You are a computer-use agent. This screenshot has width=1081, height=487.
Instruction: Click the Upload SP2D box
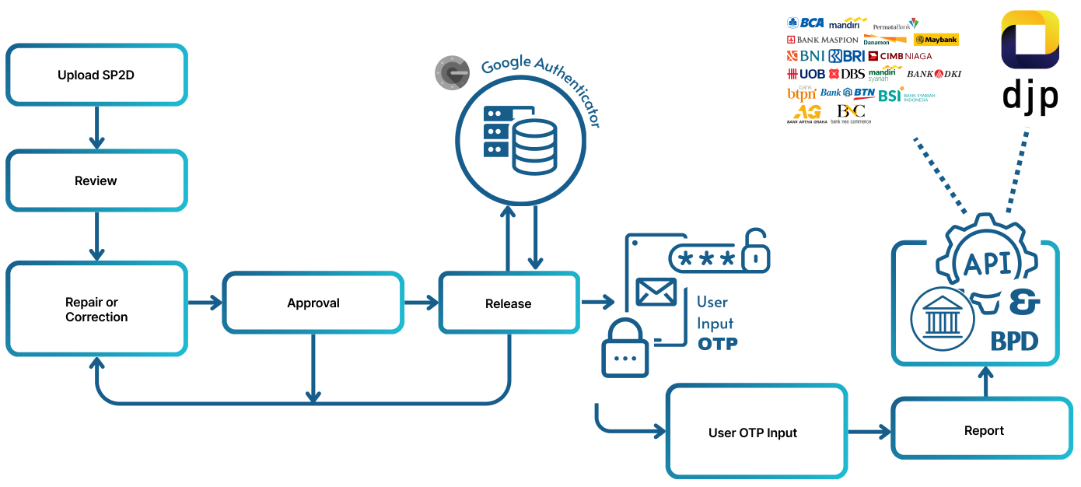click(97, 75)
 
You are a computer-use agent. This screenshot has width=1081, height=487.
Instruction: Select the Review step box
click(97, 180)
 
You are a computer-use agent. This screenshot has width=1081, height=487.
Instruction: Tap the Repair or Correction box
click(97, 309)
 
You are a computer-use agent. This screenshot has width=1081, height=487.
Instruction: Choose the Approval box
click(313, 303)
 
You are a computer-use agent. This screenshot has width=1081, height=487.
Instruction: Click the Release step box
click(509, 303)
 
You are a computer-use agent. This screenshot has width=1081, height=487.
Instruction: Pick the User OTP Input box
click(756, 432)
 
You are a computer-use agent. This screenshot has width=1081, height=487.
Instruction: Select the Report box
click(984, 430)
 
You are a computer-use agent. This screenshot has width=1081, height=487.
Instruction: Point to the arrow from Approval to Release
click(421, 303)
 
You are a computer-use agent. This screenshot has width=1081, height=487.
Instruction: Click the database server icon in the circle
click(520, 140)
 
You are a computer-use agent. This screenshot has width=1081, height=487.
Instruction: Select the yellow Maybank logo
click(936, 40)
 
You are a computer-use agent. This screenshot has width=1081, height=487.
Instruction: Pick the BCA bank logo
click(805, 23)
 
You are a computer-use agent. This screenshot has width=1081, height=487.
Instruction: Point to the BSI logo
click(890, 95)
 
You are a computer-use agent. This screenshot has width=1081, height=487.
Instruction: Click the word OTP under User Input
click(717, 344)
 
